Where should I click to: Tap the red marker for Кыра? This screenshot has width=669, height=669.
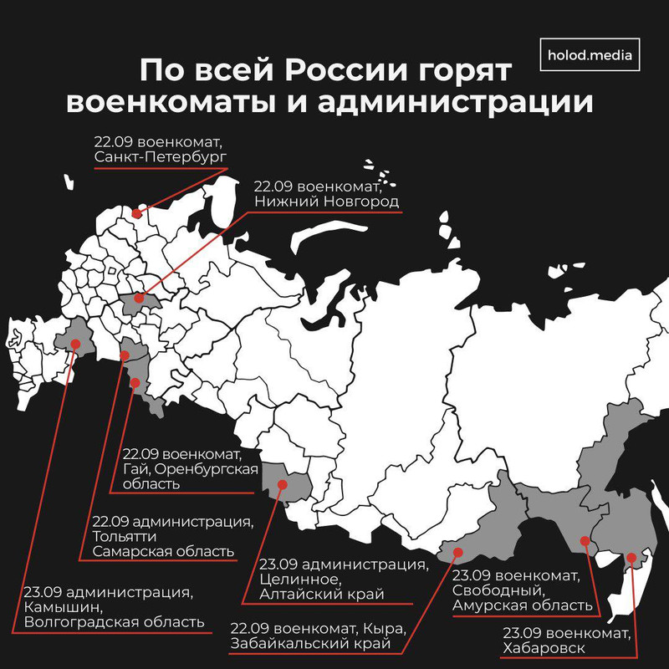click(x=457, y=551)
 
